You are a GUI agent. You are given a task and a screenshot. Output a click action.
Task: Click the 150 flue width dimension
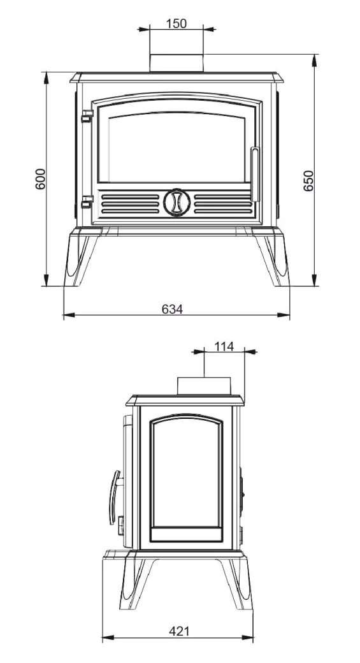[x=176, y=23]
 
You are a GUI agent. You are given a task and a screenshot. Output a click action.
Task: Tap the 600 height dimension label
[x=40, y=179]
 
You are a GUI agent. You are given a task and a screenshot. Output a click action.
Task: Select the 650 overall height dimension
[x=309, y=180]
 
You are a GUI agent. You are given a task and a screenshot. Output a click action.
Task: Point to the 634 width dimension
[x=173, y=309]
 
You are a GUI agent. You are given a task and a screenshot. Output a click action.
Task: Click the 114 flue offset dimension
[x=224, y=346]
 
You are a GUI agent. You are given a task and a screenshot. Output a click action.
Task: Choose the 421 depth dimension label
[x=179, y=631]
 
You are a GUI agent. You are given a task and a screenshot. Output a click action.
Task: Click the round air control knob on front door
[x=176, y=203]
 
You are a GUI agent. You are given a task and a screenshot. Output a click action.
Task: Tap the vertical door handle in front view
[x=255, y=174]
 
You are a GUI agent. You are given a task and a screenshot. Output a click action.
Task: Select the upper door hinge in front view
[x=87, y=116]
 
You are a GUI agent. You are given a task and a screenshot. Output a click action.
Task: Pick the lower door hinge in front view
[x=87, y=201]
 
